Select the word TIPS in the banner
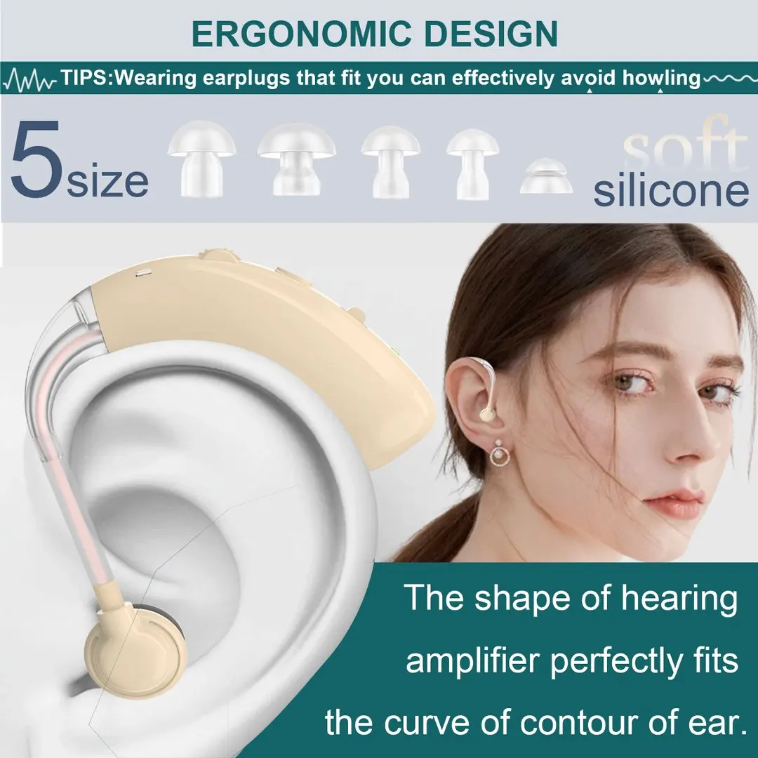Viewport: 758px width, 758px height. click(x=85, y=78)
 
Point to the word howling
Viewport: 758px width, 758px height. click(x=661, y=79)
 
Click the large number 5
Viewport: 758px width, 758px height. click(x=36, y=160)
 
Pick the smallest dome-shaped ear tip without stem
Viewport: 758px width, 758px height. click(x=546, y=175)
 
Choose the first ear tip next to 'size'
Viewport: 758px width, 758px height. click(x=201, y=159)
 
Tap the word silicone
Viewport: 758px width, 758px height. click(x=671, y=192)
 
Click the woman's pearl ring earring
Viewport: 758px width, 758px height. click(x=499, y=453)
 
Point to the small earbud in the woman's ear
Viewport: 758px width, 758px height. click(x=487, y=414)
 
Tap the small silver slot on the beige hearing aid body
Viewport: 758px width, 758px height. click(x=143, y=273)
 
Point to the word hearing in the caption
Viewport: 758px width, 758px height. click(x=679, y=599)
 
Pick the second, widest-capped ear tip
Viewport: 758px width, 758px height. click(x=296, y=159)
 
